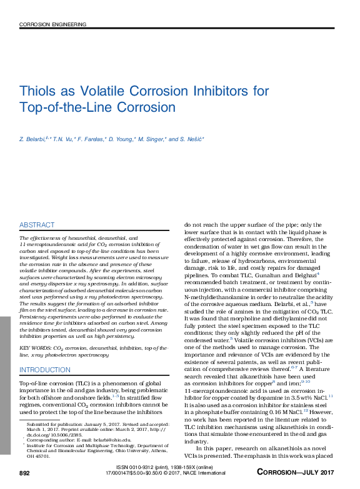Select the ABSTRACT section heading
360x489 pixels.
tap(37, 225)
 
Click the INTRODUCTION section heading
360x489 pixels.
tap(45, 370)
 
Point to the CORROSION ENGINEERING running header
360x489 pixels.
tap(52, 24)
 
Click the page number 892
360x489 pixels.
tap(25, 474)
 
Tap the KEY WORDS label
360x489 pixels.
tap(35, 347)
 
